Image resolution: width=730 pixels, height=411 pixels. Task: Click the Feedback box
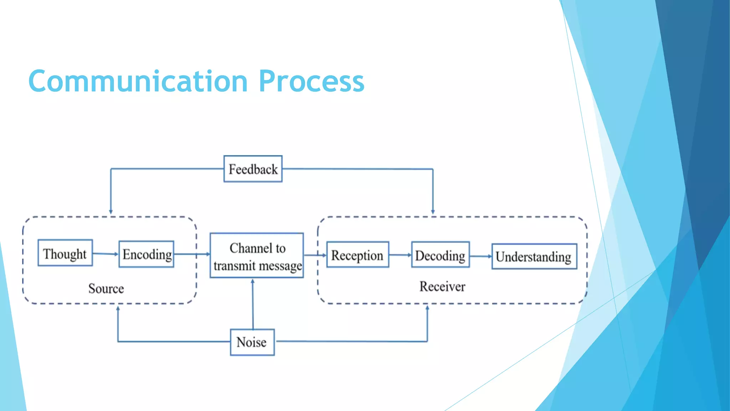[253, 169]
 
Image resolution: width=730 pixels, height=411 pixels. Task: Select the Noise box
[252, 342]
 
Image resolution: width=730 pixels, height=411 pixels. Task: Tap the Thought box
[65, 253]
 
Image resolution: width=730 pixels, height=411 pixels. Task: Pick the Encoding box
[146, 254]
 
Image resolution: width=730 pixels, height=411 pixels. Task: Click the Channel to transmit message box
[257, 255]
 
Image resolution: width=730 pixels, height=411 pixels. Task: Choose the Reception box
[358, 255]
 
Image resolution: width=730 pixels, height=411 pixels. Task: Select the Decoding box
[440, 255]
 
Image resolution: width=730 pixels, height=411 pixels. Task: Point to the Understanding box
[534, 256]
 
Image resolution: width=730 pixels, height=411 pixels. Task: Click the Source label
[106, 288]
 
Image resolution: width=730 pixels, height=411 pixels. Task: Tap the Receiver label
[442, 286]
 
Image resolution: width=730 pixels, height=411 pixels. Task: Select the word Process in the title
[312, 81]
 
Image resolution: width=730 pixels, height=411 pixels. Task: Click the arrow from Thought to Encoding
[106, 254]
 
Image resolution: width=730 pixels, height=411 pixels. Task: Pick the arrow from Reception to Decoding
[400, 255]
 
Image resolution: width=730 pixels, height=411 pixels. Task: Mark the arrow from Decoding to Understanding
[480, 256]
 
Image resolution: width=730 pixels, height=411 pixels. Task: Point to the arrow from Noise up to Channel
[253, 303]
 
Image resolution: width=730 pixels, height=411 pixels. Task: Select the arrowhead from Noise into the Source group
[118, 309]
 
